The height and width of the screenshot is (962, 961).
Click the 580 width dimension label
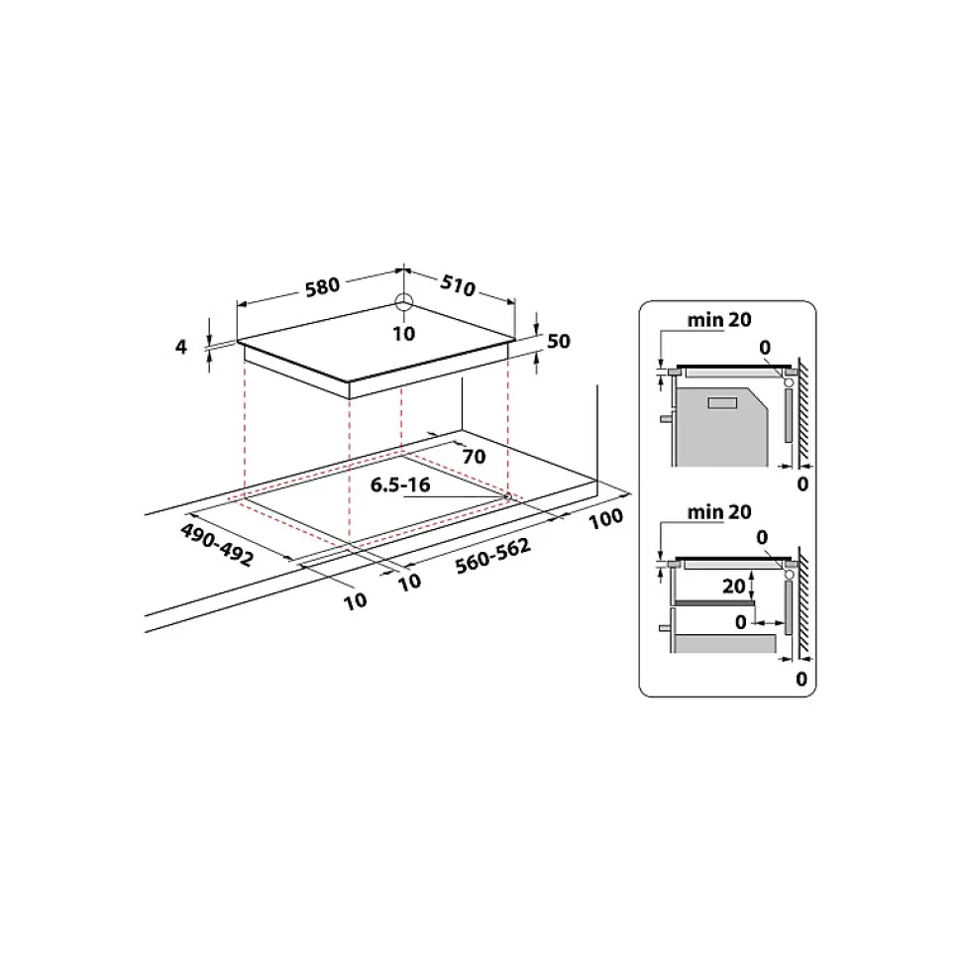click(x=322, y=286)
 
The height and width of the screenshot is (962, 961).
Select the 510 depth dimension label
click(x=457, y=287)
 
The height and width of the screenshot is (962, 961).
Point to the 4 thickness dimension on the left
click(x=180, y=346)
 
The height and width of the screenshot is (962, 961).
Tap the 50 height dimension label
click(x=559, y=341)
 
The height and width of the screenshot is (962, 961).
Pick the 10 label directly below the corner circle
click(x=403, y=334)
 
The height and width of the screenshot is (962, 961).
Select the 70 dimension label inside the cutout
click(x=474, y=457)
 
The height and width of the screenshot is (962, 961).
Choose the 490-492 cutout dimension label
click(x=216, y=544)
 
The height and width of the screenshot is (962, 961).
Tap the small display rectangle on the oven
click(x=723, y=401)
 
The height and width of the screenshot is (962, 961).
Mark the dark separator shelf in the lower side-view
click(x=713, y=601)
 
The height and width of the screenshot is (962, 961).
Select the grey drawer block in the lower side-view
click(x=723, y=644)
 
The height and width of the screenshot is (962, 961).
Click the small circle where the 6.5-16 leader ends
click(x=507, y=496)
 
